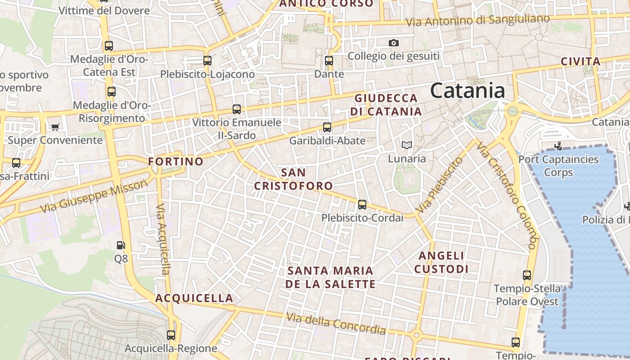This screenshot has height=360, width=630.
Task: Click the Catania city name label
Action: tap(468, 91)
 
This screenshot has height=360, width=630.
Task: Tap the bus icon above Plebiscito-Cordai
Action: tap(362, 205)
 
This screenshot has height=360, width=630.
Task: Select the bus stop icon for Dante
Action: tap(329, 61)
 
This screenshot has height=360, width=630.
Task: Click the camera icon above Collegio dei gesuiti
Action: tap(394, 43)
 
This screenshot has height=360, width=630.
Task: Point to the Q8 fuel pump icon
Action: tap(121, 245)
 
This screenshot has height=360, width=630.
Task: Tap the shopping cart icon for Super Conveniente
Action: tap(55, 127)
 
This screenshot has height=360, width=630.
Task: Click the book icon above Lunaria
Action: tap(407, 145)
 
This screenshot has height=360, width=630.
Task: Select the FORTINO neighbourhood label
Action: tap(176, 161)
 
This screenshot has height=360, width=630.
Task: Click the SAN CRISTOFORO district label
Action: tap(293, 179)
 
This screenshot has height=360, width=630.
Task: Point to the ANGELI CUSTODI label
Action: tap(441, 262)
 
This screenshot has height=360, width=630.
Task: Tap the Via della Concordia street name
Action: tap(336, 324)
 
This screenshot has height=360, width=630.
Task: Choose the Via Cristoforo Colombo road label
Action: tap(507, 195)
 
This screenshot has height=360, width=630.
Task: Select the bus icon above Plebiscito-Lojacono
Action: tap(207, 61)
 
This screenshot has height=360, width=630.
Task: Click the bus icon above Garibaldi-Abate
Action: tap(327, 127)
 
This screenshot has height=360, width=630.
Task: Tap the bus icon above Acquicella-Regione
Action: tap(171, 335)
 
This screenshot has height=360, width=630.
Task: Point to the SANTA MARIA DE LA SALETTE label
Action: tap(330, 277)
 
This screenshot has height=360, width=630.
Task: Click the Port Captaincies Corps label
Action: tap(558, 166)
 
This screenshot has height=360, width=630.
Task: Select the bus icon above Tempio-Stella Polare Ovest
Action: tap(527, 275)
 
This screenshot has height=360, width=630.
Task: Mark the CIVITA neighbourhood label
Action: tap(580, 62)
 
